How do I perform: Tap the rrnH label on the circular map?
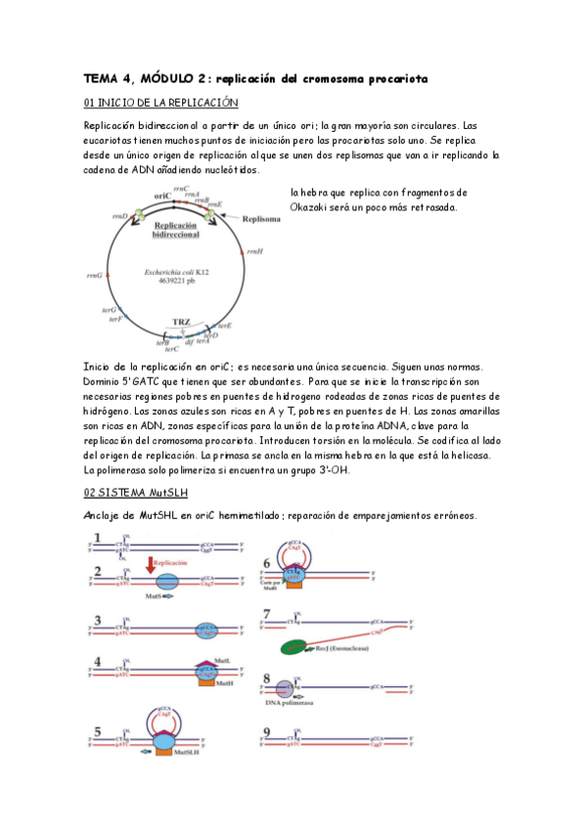(254, 251)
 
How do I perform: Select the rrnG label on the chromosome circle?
(94, 276)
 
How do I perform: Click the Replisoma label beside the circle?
(261, 220)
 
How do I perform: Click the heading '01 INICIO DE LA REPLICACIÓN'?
(160, 103)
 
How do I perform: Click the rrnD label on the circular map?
(119, 216)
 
